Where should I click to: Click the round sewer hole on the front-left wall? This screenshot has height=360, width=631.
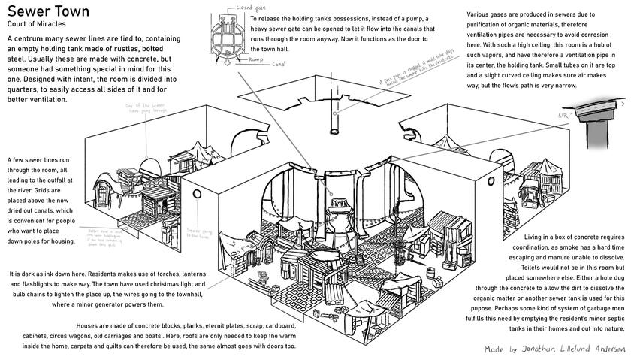pyautogui.click(x=198, y=194)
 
